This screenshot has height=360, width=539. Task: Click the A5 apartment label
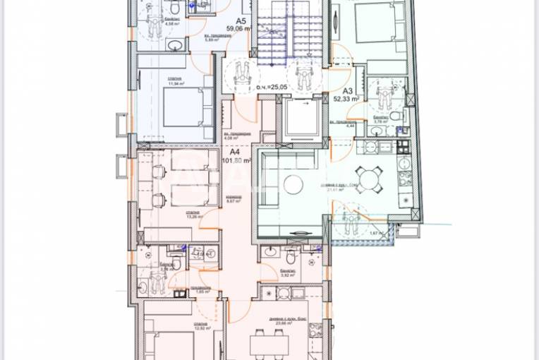pyautogui.click(x=241, y=22)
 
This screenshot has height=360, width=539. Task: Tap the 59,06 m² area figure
pyautogui.click(x=238, y=30)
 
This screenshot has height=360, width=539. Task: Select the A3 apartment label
pyautogui.click(x=348, y=90)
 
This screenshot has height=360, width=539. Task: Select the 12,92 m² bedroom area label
pyautogui.click(x=195, y=328)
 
